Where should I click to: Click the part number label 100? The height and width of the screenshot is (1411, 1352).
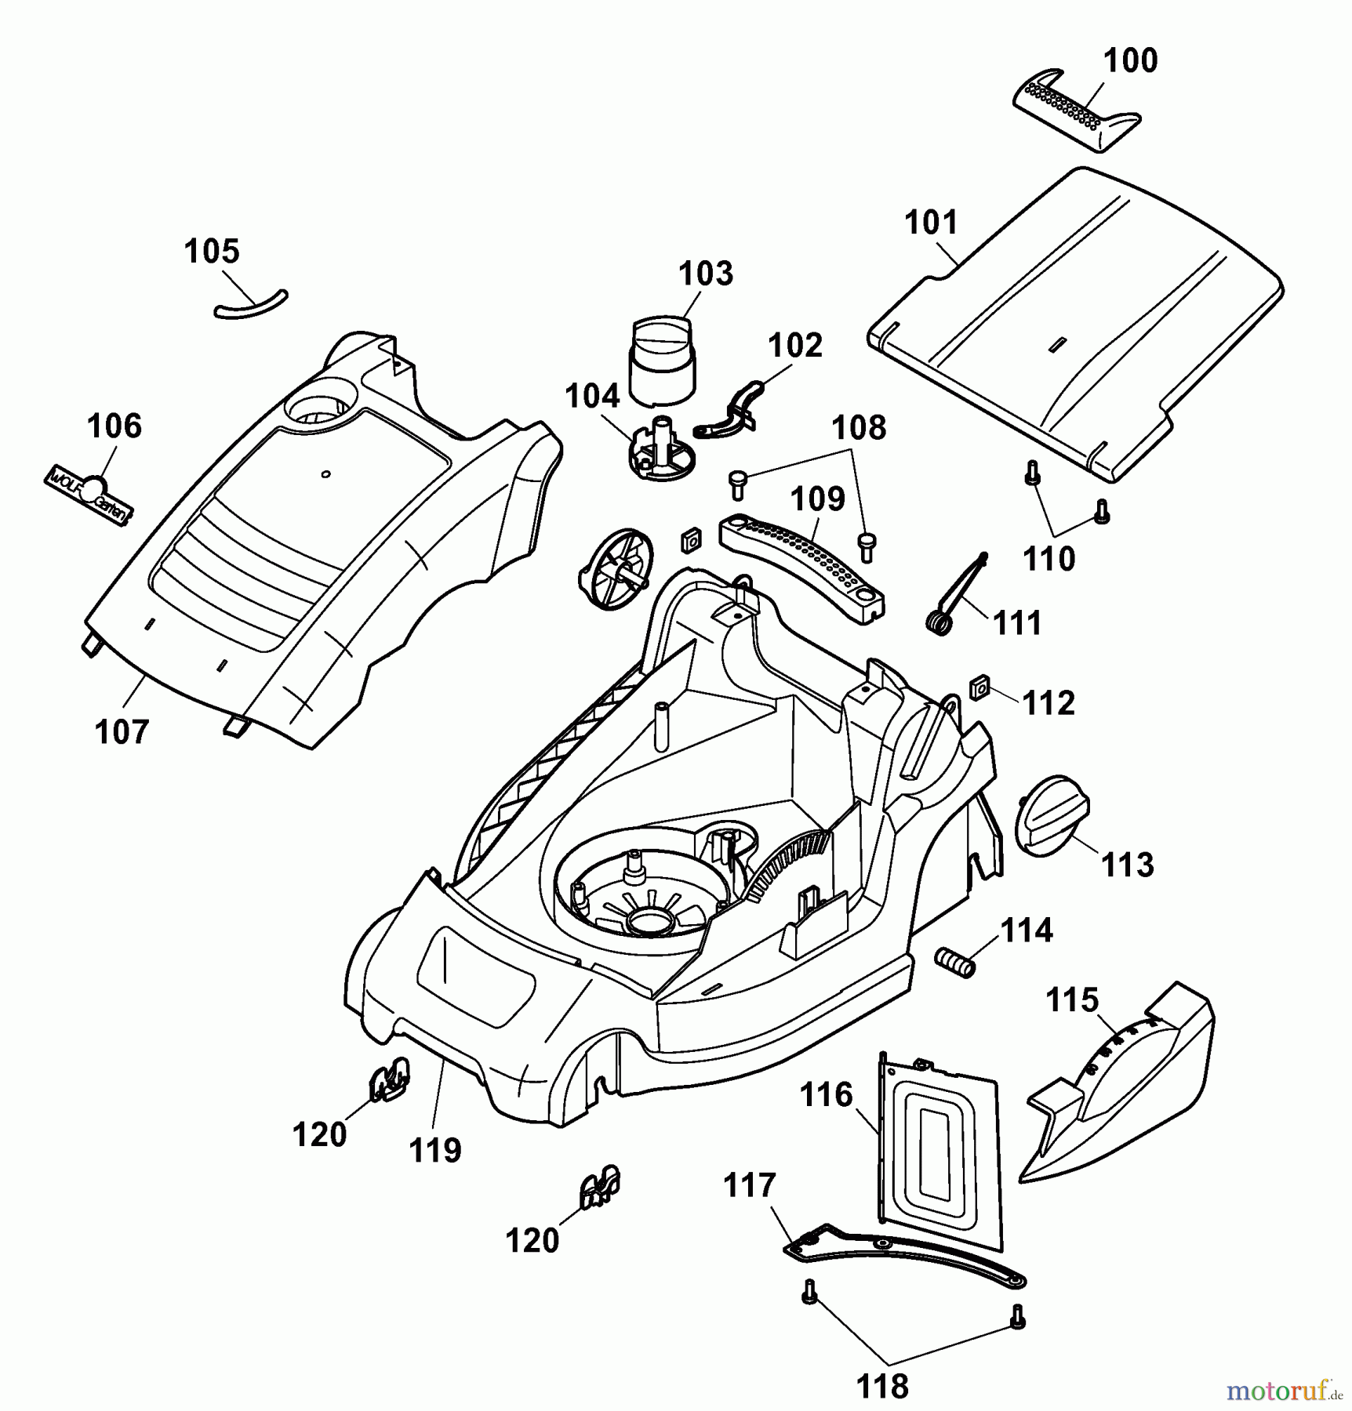click(x=1129, y=61)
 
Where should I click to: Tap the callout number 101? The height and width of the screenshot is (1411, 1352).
click(x=931, y=223)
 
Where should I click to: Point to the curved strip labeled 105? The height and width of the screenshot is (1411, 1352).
click(x=251, y=304)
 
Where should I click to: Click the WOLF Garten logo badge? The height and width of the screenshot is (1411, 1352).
click(x=89, y=491)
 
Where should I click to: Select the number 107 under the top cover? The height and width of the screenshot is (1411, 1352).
click(x=122, y=732)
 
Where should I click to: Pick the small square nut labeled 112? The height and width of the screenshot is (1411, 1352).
click(x=978, y=689)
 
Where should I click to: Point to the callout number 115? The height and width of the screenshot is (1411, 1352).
click(x=1073, y=1000)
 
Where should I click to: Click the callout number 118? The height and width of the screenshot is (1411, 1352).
click(x=882, y=1387)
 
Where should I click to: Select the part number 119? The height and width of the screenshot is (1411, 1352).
click(x=435, y=1150)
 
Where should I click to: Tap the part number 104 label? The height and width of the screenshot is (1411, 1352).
click(x=592, y=396)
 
